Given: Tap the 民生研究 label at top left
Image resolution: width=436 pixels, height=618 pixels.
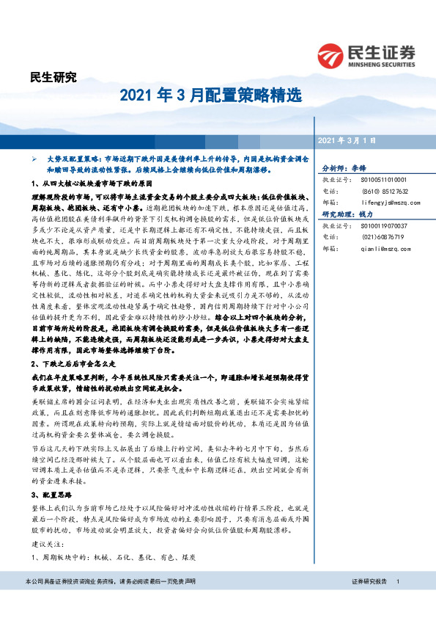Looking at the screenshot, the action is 53,76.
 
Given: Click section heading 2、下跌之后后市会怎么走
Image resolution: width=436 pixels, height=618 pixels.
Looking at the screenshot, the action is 75,364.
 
